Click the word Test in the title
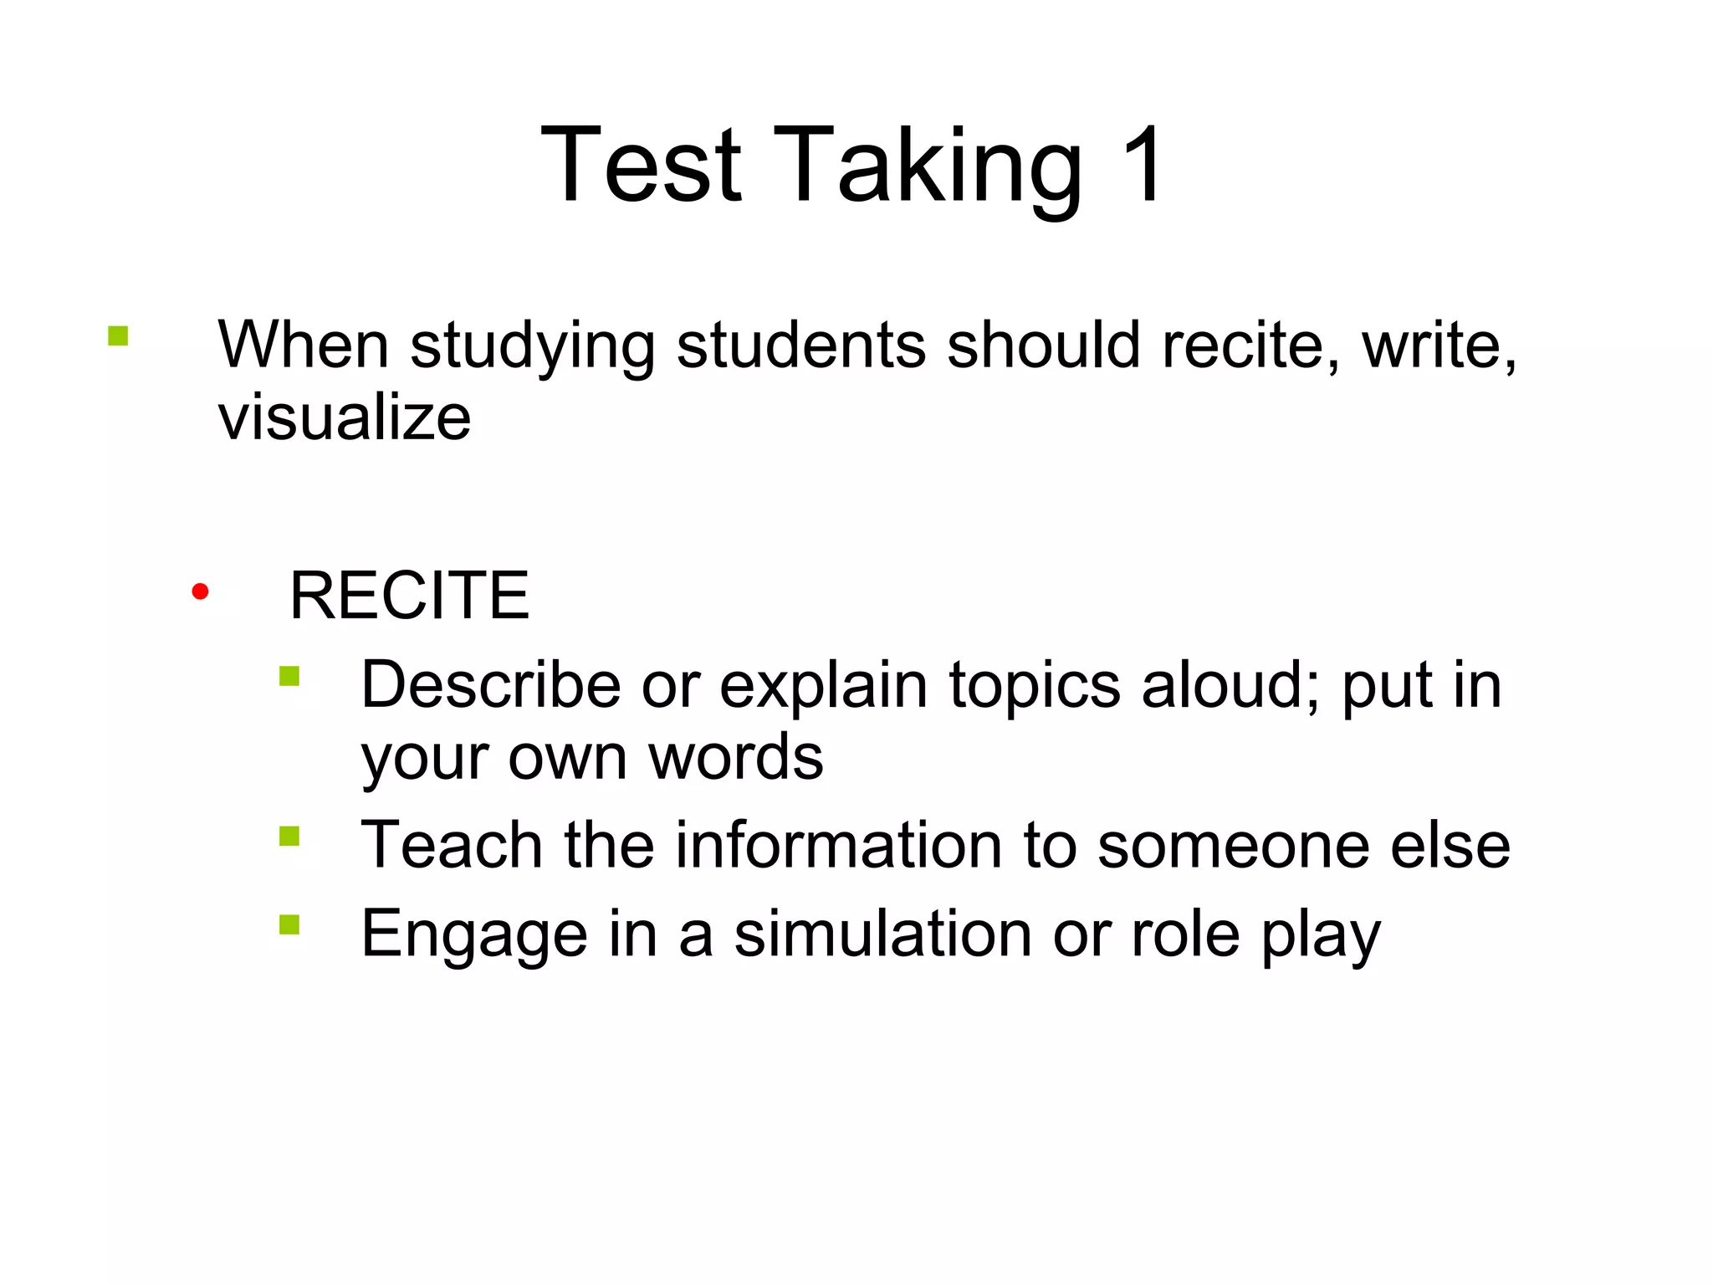coord(641,165)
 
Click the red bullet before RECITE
coord(200,592)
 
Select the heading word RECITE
coord(409,595)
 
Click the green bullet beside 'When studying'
coord(118,336)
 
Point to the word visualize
coord(345,418)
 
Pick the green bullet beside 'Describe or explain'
coord(289,676)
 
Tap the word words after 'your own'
coord(736,758)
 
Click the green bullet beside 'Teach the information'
coord(289,837)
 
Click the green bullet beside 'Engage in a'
coord(289,924)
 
